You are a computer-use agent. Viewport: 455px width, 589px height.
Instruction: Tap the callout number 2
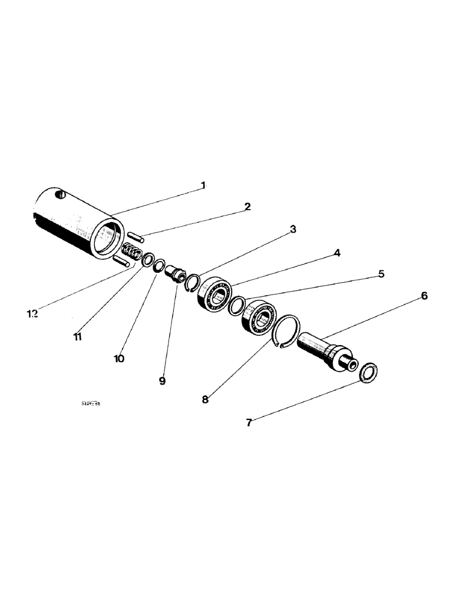click(248, 206)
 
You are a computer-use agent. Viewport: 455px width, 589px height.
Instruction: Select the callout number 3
click(293, 230)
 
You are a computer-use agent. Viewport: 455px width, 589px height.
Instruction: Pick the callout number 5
click(381, 274)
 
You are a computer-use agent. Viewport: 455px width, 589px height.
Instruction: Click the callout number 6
click(424, 296)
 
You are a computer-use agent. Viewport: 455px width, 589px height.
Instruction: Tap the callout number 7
click(249, 422)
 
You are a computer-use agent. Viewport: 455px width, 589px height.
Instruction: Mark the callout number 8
click(205, 399)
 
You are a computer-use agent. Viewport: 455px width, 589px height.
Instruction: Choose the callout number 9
click(162, 380)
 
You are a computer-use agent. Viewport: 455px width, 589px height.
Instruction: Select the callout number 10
click(119, 358)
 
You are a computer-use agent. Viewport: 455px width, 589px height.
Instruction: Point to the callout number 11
click(77, 336)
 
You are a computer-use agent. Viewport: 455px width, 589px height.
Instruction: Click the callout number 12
click(32, 314)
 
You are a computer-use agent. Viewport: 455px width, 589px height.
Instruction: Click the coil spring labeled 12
click(133, 253)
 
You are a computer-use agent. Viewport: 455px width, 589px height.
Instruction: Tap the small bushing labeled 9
click(176, 274)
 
